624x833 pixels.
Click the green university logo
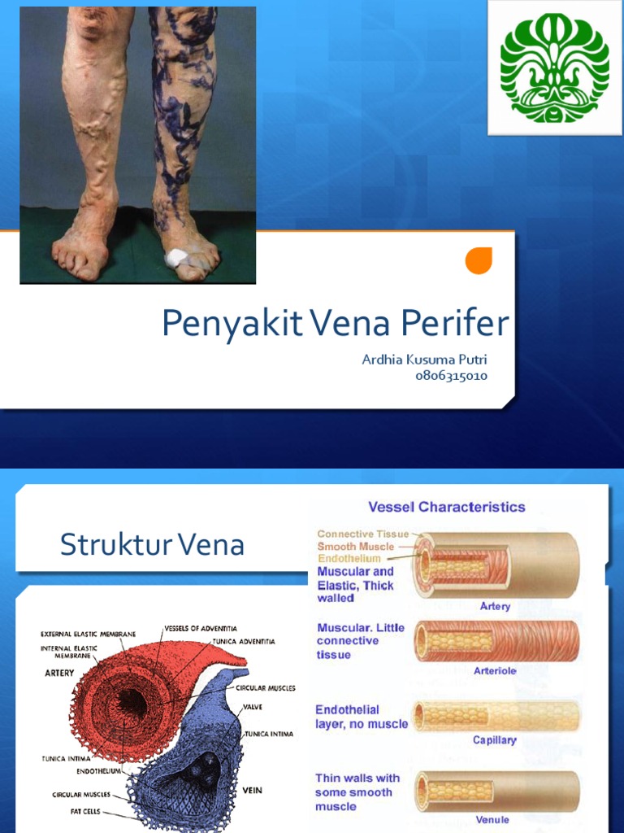click(555, 67)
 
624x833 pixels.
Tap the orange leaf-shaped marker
click(479, 260)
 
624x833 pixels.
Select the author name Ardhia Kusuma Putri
click(425, 359)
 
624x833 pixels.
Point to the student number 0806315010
click(452, 376)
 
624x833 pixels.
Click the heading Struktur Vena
click(152, 545)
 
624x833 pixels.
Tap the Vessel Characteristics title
click(447, 507)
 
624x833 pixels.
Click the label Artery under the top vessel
click(495, 606)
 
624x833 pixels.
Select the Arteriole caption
click(495, 671)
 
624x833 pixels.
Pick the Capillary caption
click(495, 740)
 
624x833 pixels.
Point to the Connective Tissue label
click(363, 534)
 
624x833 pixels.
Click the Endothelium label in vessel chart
click(349, 559)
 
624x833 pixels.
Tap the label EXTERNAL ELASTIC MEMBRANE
click(89, 634)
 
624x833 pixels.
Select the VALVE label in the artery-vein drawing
click(252, 707)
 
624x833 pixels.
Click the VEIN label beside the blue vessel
click(251, 790)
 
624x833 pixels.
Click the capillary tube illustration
click(496, 716)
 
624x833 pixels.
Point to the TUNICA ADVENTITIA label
click(244, 641)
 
